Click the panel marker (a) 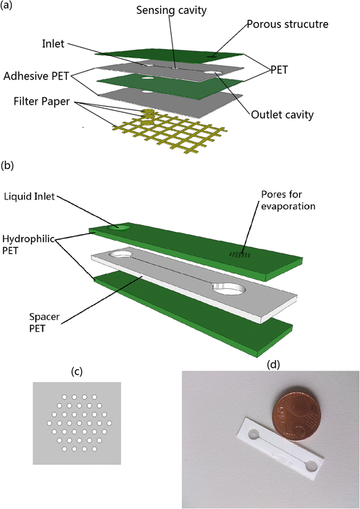9,7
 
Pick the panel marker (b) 9,166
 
